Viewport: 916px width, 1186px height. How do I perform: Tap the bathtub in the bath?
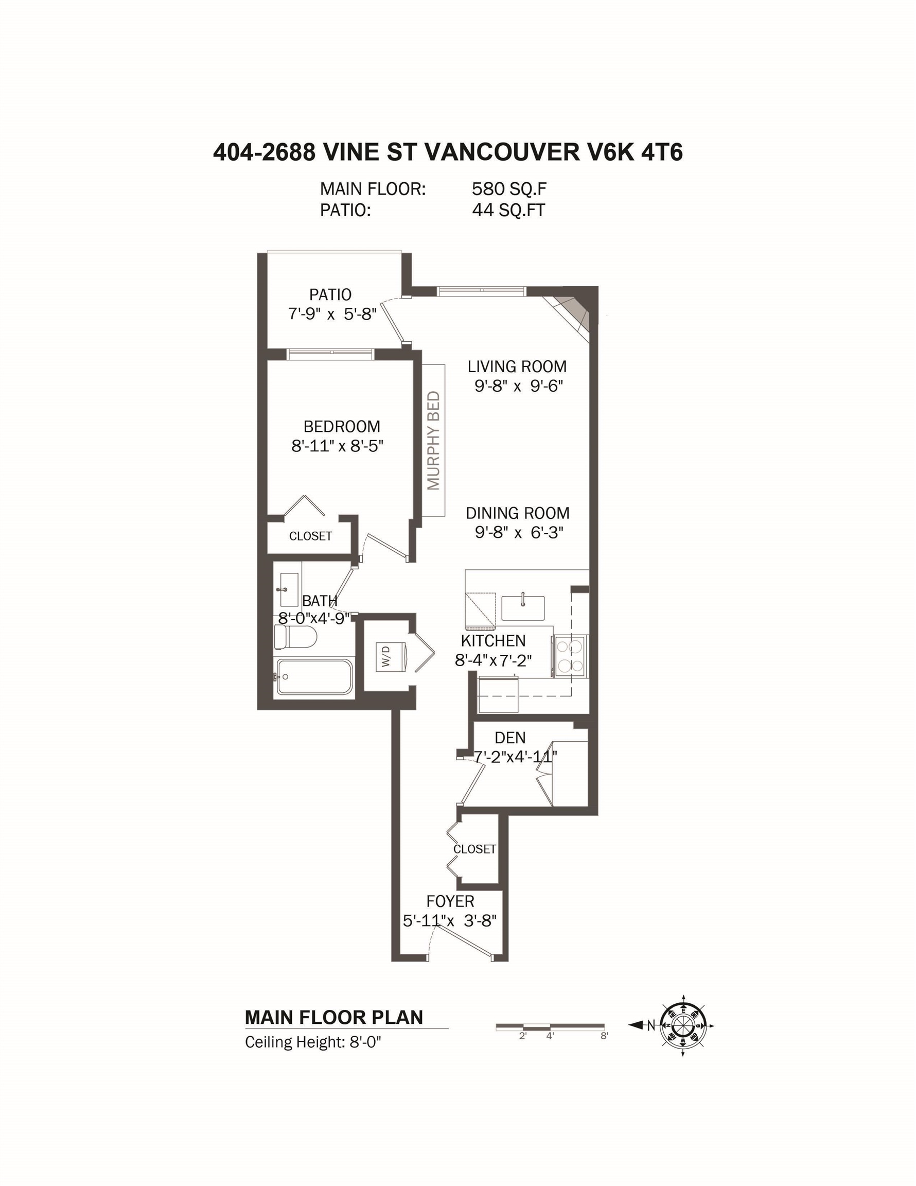tap(314, 676)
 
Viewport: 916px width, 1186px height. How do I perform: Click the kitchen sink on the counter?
tap(522, 607)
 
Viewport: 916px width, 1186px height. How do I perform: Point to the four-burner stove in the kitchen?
tap(570, 656)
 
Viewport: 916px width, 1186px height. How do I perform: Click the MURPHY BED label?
tap(433, 441)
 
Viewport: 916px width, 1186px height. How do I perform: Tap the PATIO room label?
tap(330, 295)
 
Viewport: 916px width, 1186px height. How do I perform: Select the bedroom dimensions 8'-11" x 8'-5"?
tap(337, 446)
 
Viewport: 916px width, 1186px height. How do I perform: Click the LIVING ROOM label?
tap(517, 367)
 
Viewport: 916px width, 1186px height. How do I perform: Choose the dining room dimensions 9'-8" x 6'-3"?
tap(519, 533)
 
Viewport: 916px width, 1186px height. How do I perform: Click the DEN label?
tap(510, 738)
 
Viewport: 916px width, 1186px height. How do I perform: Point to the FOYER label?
tap(450, 901)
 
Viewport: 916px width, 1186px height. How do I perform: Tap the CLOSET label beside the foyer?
tap(474, 849)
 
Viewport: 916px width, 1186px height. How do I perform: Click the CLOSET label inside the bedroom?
tap(310, 536)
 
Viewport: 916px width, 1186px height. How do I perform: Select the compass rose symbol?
tap(683, 1026)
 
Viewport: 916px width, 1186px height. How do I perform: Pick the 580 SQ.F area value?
tap(509, 189)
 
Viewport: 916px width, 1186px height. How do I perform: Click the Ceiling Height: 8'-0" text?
tap(313, 1042)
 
